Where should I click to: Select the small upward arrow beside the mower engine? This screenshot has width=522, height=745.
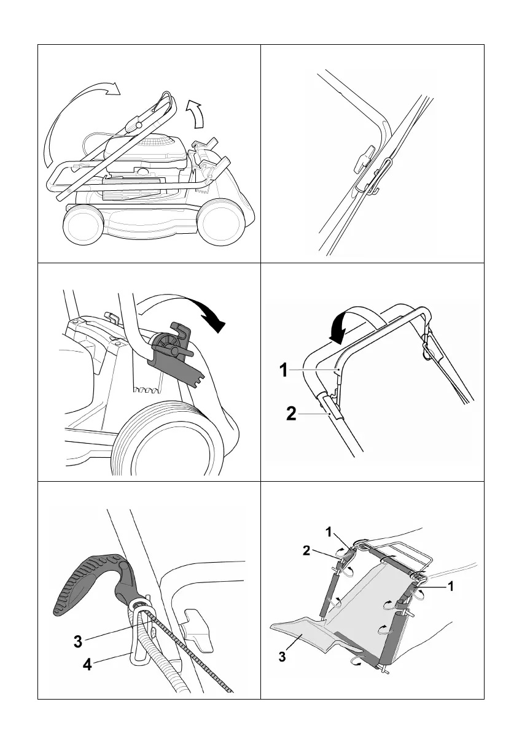click(196, 114)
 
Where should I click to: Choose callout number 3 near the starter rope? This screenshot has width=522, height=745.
click(78, 642)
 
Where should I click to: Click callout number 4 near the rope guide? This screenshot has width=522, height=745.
click(88, 665)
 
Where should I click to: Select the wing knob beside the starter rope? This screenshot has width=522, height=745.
click(200, 629)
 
